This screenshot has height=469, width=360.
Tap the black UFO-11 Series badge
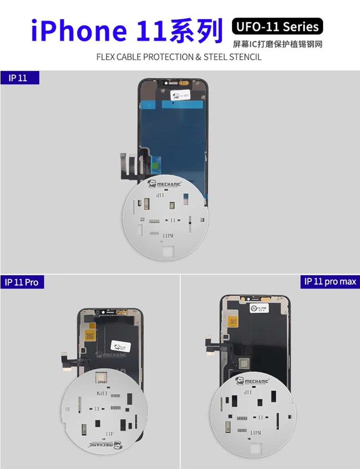point(277,26)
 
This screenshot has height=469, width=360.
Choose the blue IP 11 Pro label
point(21,282)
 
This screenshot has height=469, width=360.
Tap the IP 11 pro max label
point(330,281)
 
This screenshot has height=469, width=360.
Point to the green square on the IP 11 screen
point(157,162)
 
